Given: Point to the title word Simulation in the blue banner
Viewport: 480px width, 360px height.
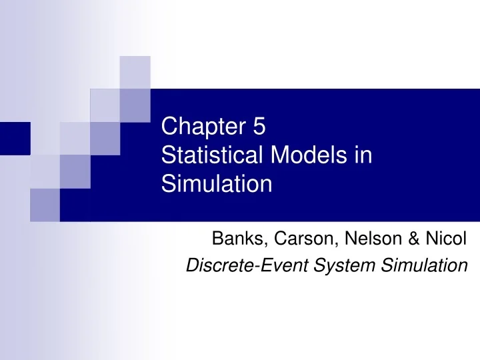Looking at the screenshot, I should pyautogui.click(x=217, y=183).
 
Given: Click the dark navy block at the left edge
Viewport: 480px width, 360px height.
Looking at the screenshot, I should pyautogui.click(x=15, y=139).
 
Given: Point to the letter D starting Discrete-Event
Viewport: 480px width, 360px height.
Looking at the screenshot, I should pyautogui.click(x=191, y=265).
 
